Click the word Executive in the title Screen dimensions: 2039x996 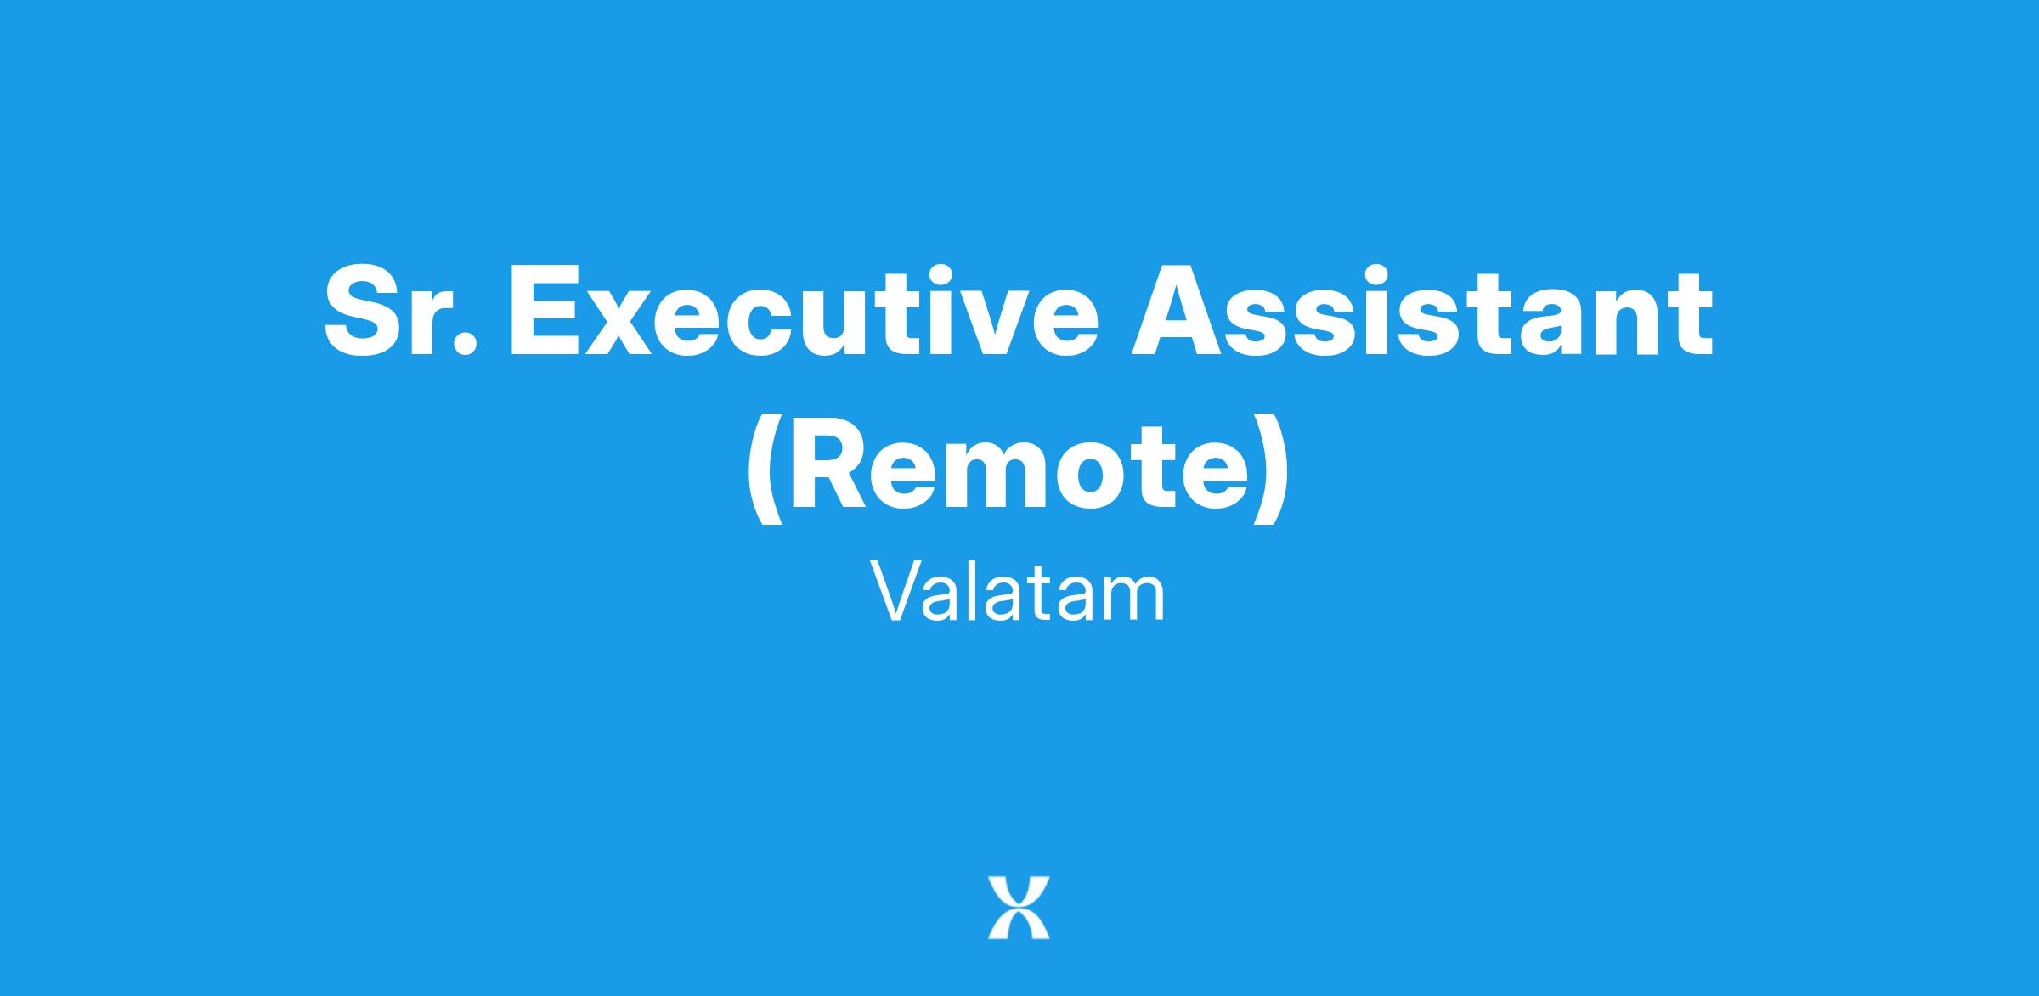click(803, 312)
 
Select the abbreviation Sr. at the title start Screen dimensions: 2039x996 click(398, 312)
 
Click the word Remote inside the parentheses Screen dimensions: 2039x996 click(1019, 467)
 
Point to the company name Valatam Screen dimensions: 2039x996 click(1018, 595)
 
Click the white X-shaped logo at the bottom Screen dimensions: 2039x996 click(1019, 908)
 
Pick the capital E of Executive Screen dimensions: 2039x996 click(545, 312)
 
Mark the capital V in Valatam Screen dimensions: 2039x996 click(899, 594)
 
